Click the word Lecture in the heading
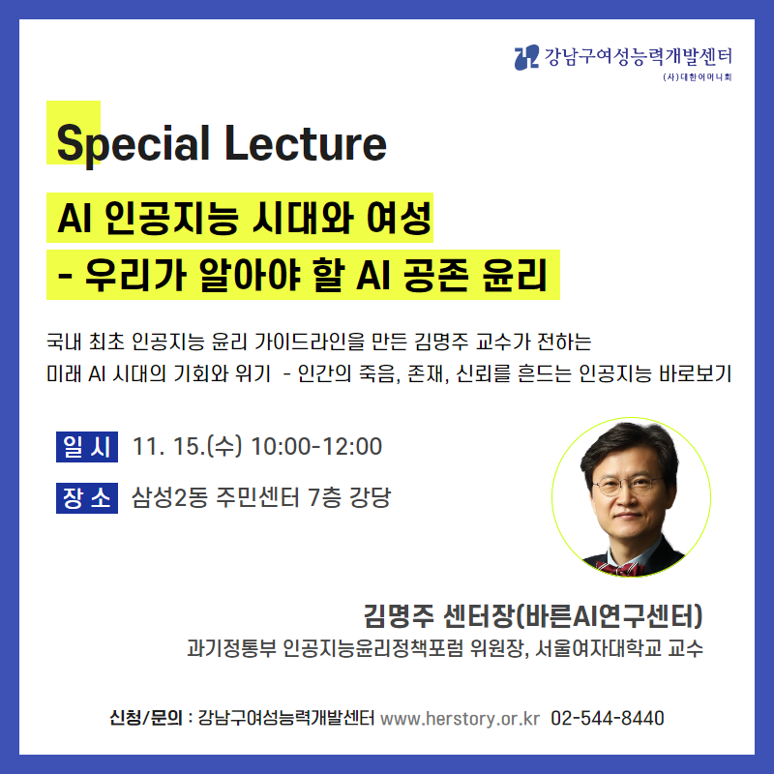coord(306,142)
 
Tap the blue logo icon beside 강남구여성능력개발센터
coord(526,57)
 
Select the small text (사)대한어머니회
coord(697,77)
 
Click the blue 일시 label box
coord(87,447)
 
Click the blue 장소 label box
coord(87,498)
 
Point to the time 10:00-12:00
coord(316,446)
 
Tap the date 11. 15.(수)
coord(187,446)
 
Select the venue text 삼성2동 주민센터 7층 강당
coord(261,497)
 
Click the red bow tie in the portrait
coord(620,568)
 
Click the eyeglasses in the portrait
coord(625,485)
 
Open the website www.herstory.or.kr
coord(461,718)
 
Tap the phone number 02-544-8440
coord(608,718)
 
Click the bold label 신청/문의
coord(146,718)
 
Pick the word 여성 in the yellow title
coord(399,218)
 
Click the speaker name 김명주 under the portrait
coord(399,615)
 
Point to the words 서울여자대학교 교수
coord(619,648)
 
